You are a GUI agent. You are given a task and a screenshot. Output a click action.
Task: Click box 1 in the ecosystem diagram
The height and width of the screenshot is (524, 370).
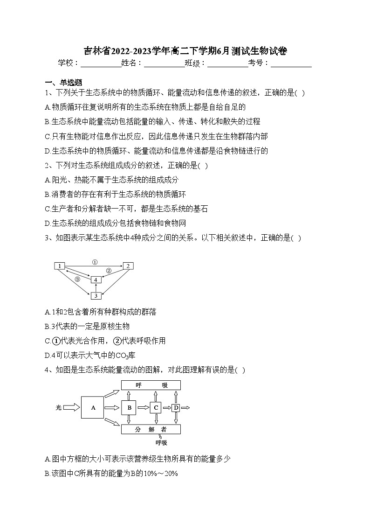60,266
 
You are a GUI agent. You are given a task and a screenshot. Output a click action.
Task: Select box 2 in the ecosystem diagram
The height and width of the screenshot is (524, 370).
128,266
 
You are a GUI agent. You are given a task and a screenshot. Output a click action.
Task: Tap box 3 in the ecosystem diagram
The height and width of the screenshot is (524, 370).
96,295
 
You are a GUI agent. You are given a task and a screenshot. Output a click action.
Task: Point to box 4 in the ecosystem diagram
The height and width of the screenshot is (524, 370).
96,279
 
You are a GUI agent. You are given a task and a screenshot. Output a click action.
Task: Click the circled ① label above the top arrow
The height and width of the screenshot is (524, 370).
94,262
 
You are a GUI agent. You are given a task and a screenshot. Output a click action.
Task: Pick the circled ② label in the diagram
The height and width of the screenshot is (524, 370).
108,270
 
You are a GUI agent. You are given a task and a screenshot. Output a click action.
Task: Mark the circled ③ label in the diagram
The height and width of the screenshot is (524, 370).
77,279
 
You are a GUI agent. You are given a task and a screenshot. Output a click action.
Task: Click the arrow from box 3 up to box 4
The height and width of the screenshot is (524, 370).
96,287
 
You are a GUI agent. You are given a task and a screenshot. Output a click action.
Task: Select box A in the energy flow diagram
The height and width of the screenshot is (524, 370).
93,408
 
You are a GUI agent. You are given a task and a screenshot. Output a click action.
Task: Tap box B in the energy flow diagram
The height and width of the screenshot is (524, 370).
129,408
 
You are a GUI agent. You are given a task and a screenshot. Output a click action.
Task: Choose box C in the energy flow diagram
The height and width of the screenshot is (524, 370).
156,408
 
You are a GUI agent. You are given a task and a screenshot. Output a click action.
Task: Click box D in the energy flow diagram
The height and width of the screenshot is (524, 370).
176,408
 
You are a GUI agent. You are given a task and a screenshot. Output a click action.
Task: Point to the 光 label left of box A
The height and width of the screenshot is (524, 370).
59,408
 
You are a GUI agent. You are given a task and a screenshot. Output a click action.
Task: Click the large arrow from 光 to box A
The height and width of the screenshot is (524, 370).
71,408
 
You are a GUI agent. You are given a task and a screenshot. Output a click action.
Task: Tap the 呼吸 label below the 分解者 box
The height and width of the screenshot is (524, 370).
161,442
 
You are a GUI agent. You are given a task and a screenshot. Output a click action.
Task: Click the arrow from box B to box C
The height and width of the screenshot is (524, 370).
143,408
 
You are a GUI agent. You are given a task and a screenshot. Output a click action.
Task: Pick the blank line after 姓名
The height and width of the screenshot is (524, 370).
164,63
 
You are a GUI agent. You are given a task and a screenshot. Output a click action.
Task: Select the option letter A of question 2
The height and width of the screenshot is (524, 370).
47,180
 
